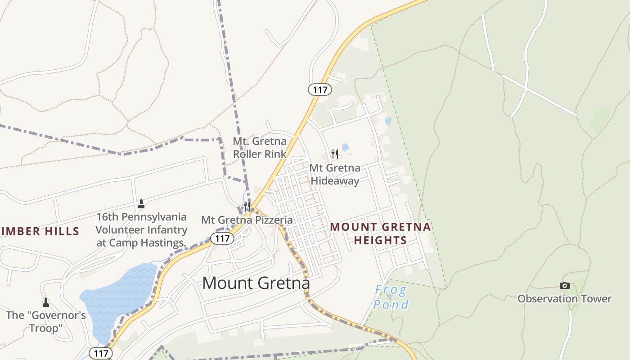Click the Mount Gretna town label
256,283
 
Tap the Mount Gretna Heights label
380,234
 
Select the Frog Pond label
391,297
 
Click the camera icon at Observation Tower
564,285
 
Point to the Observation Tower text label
564,299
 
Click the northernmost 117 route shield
320,90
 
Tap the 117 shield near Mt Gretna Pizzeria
223,238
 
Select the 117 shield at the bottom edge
101,353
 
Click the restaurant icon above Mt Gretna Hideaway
334,154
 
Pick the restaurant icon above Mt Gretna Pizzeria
247,207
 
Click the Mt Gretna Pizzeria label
247,220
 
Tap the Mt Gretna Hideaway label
335,175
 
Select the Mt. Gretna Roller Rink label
259,148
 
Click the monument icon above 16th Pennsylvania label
141,204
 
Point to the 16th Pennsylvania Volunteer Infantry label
141,229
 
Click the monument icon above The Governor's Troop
45,302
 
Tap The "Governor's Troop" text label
45,322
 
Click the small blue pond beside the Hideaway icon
345,147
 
